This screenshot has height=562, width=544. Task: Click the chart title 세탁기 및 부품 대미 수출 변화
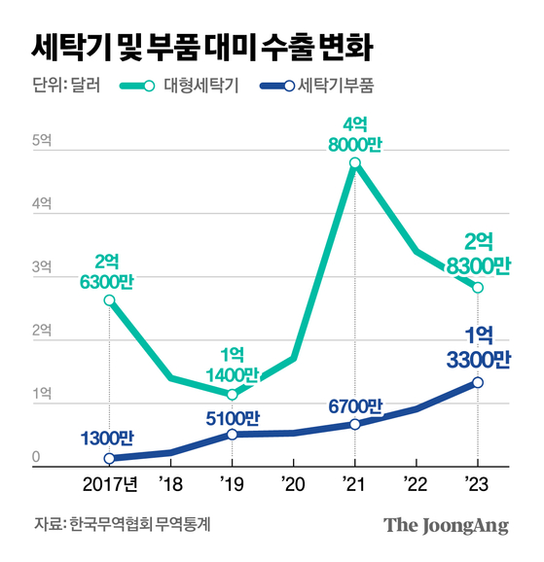click(200, 45)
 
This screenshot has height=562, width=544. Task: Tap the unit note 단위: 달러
click(65, 86)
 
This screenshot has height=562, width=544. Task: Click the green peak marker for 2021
click(355, 163)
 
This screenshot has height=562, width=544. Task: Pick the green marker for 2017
click(109, 300)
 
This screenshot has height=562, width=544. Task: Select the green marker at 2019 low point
click(232, 394)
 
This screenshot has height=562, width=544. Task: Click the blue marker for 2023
click(478, 382)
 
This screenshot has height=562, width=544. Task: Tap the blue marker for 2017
click(109, 458)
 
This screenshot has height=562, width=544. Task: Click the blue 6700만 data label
click(356, 405)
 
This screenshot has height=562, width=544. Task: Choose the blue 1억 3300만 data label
click(477, 347)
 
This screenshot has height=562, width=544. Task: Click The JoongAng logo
click(446, 525)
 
